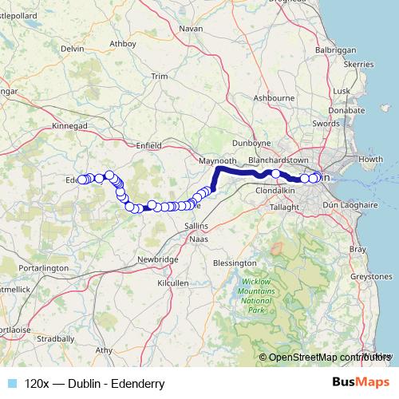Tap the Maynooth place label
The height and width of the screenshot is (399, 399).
[x=216, y=160]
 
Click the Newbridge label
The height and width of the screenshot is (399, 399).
[x=156, y=259]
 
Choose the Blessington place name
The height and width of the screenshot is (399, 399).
[x=234, y=262]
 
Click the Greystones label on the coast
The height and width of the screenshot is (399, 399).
[x=371, y=276]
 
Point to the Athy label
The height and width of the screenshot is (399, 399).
[x=104, y=350]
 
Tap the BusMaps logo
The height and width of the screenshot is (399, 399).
[x=361, y=383]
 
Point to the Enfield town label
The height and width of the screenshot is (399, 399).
[x=149, y=145]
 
